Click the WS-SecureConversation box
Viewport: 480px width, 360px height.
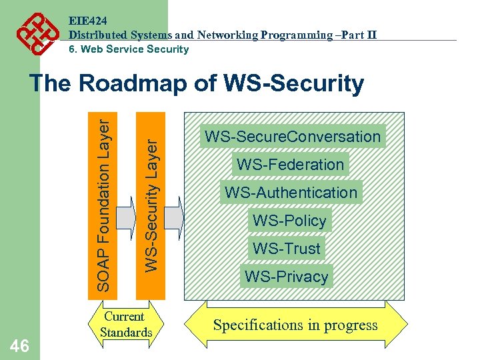[x=293, y=137]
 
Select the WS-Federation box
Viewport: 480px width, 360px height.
[x=290, y=165]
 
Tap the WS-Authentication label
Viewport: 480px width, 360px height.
[x=291, y=193]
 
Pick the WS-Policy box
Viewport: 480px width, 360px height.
[x=289, y=221]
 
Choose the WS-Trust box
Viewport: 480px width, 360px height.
[x=286, y=249]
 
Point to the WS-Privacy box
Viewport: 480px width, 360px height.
[x=286, y=277]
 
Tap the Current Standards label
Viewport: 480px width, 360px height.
[x=126, y=325]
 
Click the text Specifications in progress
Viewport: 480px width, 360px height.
[x=295, y=325]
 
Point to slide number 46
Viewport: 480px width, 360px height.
[x=19, y=345]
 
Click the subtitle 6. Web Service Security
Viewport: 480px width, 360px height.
[x=129, y=49]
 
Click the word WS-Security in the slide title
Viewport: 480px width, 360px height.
[x=295, y=84]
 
